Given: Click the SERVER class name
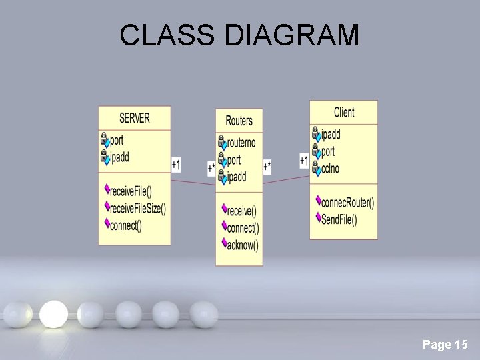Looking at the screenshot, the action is (135, 118).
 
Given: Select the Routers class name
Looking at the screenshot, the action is (239, 121).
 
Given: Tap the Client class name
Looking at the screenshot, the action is (344, 112).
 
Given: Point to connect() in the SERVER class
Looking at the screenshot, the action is (125, 225).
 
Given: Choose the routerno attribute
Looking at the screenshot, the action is (241, 143).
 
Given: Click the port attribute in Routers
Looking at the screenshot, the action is (233, 160).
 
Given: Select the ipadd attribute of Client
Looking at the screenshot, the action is (330, 135).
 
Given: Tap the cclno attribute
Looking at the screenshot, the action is (330, 169).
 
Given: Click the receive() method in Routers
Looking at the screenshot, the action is (241, 211).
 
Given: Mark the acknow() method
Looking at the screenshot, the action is (242, 245).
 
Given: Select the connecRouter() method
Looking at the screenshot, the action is (347, 202).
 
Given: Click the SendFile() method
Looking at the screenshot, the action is (339, 219).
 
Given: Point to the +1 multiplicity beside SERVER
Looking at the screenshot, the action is (176, 164).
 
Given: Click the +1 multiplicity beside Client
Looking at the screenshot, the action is (304, 161).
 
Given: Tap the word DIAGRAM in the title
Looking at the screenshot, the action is (292, 35).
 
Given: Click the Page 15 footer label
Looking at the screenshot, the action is (445, 345).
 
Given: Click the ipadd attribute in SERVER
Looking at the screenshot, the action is (119, 157).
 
